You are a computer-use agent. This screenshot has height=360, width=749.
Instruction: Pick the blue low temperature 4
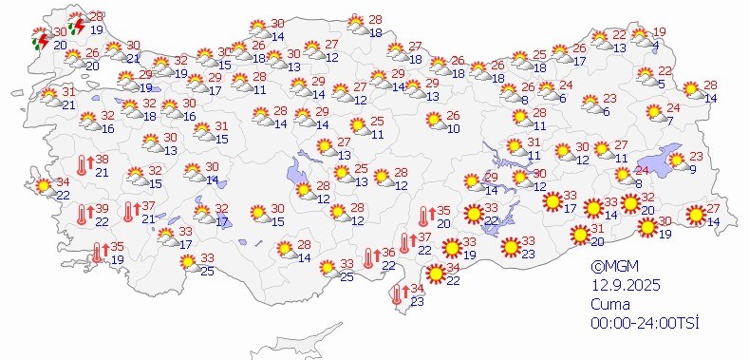pyautogui.click(x=657, y=45)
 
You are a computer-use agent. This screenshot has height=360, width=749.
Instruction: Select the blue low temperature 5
pyautogui.click(x=662, y=84)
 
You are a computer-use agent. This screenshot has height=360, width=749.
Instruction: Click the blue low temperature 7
pyautogui.click(x=670, y=121)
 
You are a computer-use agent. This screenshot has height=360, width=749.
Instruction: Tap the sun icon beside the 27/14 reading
pyautogui.click(x=697, y=216)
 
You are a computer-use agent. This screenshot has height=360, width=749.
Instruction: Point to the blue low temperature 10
pyautogui.click(x=453, y=128)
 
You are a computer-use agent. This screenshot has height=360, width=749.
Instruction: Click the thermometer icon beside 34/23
pyautogui.click(x=396, y=295)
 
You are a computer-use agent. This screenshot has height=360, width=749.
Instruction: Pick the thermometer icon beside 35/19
pyautogui.click(x=97, y=253)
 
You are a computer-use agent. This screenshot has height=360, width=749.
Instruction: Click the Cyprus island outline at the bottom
pyautogui.click(x=323, y=337)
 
